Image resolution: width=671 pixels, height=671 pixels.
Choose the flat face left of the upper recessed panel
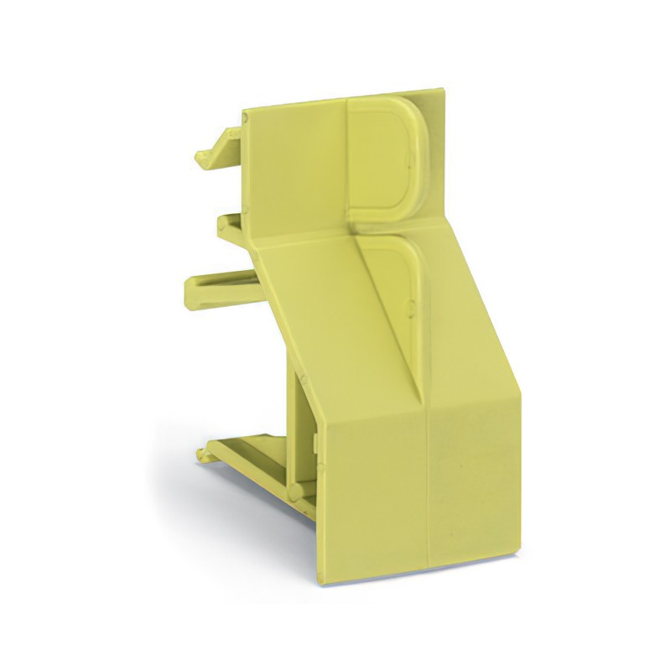coord(294,168)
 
